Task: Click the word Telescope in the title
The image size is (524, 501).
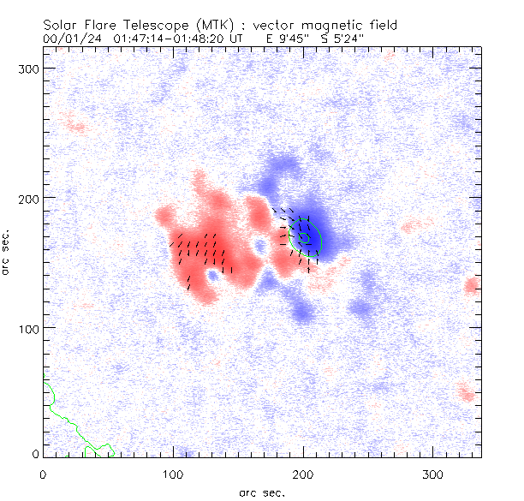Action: pyautogui.click(x=152, y=25)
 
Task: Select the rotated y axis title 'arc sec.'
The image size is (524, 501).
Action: pyautogui.click(x=9, y=253)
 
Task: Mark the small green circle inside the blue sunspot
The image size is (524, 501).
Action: pyautogui.click(x=304, y=236)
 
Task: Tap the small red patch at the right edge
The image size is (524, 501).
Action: pyautogui.click(x=471, y=285)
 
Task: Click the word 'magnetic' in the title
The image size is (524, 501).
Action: pyautogui.click(x=319, y=25)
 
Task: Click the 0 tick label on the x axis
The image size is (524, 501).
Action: pyautogui.click(x=43, y=473)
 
